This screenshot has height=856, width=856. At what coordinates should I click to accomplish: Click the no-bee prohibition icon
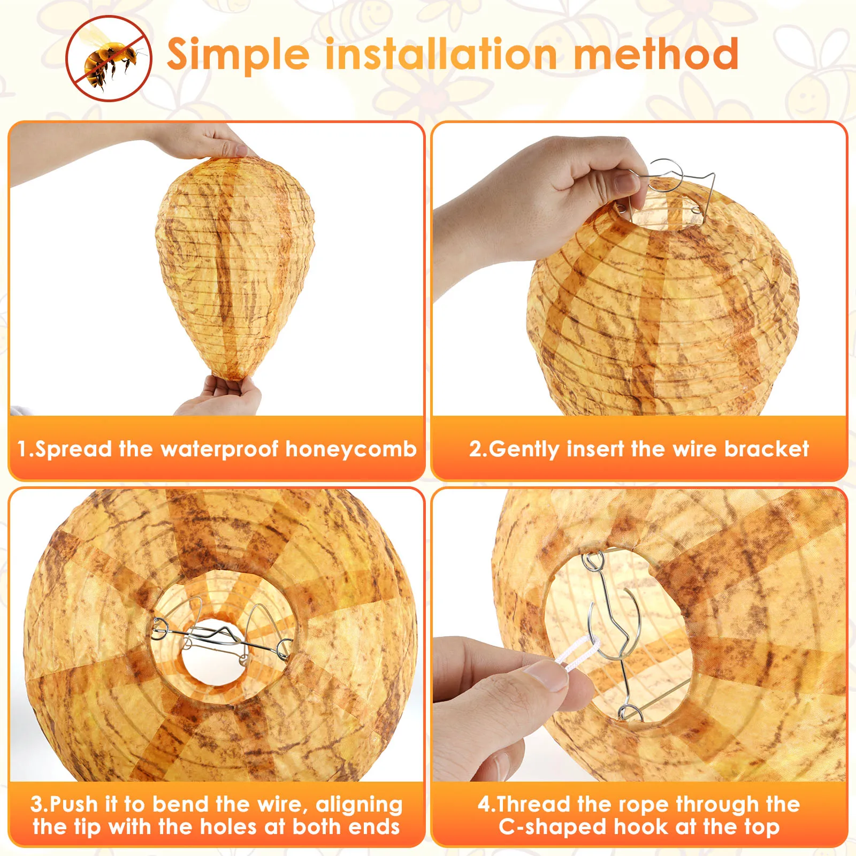pyautogui.click(x=109, y=58)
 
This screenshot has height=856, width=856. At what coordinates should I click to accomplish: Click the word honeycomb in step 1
pyautogui.click(x=351, y=449)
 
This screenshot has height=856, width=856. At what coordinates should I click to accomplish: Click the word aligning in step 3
pyautogui.click(x=359, y=804)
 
